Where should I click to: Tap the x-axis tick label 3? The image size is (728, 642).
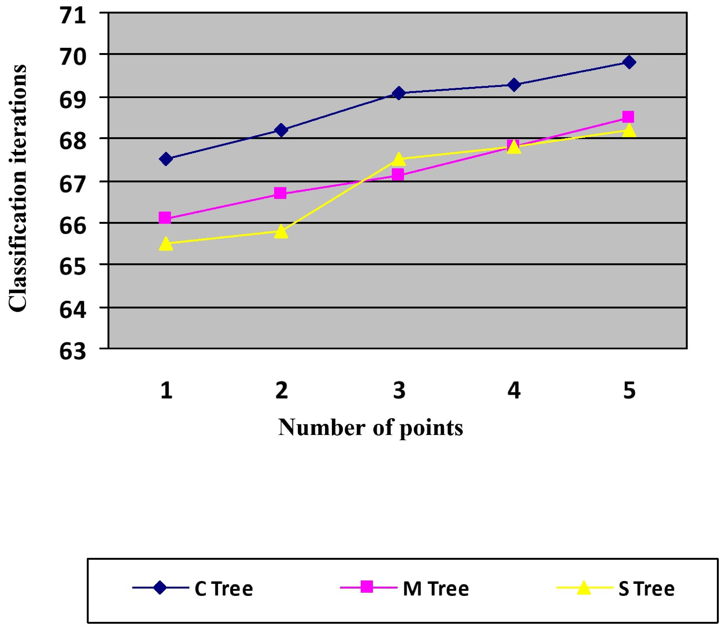(399, 390)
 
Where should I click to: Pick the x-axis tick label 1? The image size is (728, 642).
(166, 390)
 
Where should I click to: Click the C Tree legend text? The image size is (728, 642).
(224, 589)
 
